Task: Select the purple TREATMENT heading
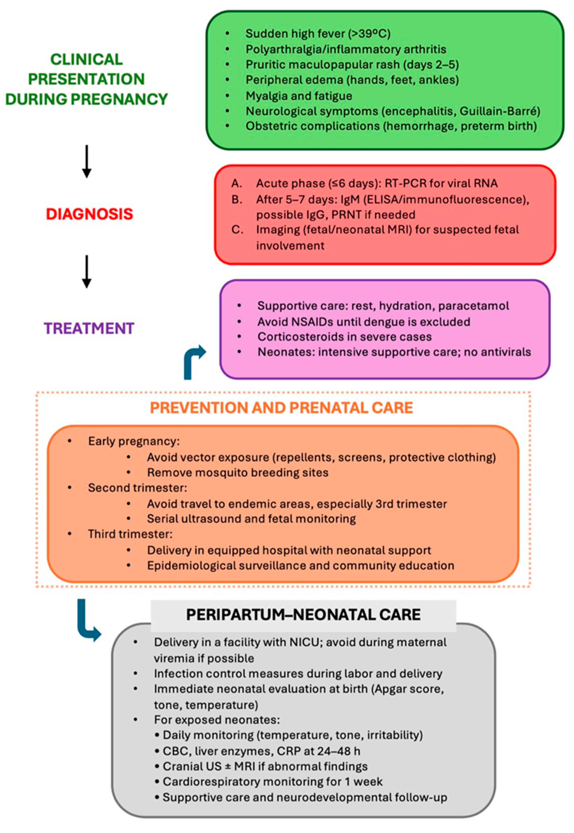pos(89,328)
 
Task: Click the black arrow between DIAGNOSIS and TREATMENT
pos(86,271)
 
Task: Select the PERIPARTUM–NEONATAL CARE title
pos(303,615)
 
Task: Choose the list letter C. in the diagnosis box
pos(237,230)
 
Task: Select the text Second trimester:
pos(137,488)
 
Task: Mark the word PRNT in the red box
pos(348,215)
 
